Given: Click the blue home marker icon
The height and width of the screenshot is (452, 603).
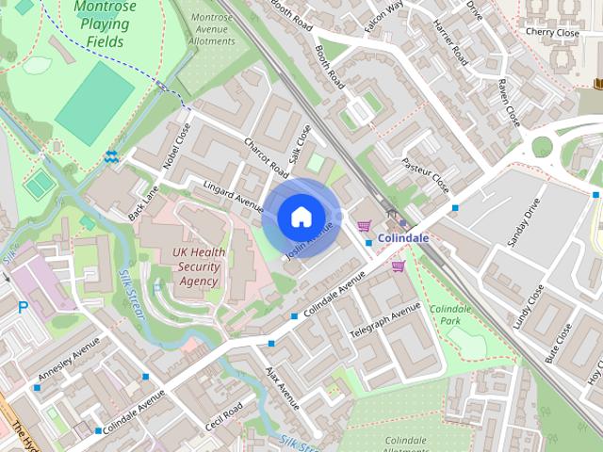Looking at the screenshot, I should (x=301, y=217).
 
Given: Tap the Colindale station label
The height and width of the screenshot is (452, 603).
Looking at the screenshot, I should (x=402, y=238).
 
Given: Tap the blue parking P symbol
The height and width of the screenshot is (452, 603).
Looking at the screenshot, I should (x=24, y=307).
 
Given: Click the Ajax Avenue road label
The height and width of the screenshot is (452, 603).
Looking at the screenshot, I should (x=282, y=388).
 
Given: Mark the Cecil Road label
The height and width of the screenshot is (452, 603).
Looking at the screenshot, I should (x=224, y=415).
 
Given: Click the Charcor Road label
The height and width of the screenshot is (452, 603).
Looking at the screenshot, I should (x=266, y=157).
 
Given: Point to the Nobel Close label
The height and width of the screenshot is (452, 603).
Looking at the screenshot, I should (x=176, y=146).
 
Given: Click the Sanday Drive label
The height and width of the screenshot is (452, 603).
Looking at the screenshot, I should (x=524, y=222).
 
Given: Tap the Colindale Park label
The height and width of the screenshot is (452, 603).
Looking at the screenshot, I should (x=449, y=315).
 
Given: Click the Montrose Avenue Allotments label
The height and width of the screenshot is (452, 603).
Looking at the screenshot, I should (x=211, y=29).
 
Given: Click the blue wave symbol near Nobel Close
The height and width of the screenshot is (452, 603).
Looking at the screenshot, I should (x=111, y=156).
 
